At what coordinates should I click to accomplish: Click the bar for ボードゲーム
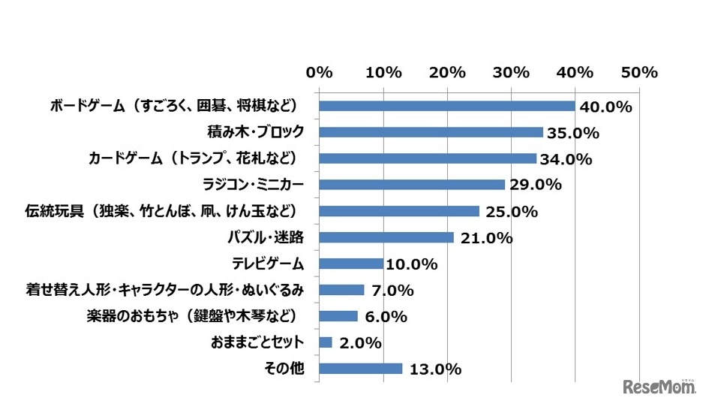coord(447,106)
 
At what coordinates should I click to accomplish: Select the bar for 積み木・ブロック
coord(431,132)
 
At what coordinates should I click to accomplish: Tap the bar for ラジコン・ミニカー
coord(412,185)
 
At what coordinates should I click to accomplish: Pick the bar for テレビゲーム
coord(351,264)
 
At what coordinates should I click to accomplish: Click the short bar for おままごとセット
coord(326,342)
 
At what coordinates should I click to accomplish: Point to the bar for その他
coord(361,369)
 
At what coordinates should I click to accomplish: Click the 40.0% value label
coord(605,107)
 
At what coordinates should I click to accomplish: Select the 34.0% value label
coord(566,160)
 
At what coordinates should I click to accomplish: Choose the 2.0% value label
coord(358,344)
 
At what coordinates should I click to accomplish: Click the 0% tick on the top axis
coord(320,73)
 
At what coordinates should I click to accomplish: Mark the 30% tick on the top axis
coord(512,73)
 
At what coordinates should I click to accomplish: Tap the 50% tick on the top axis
coord(640,73)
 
